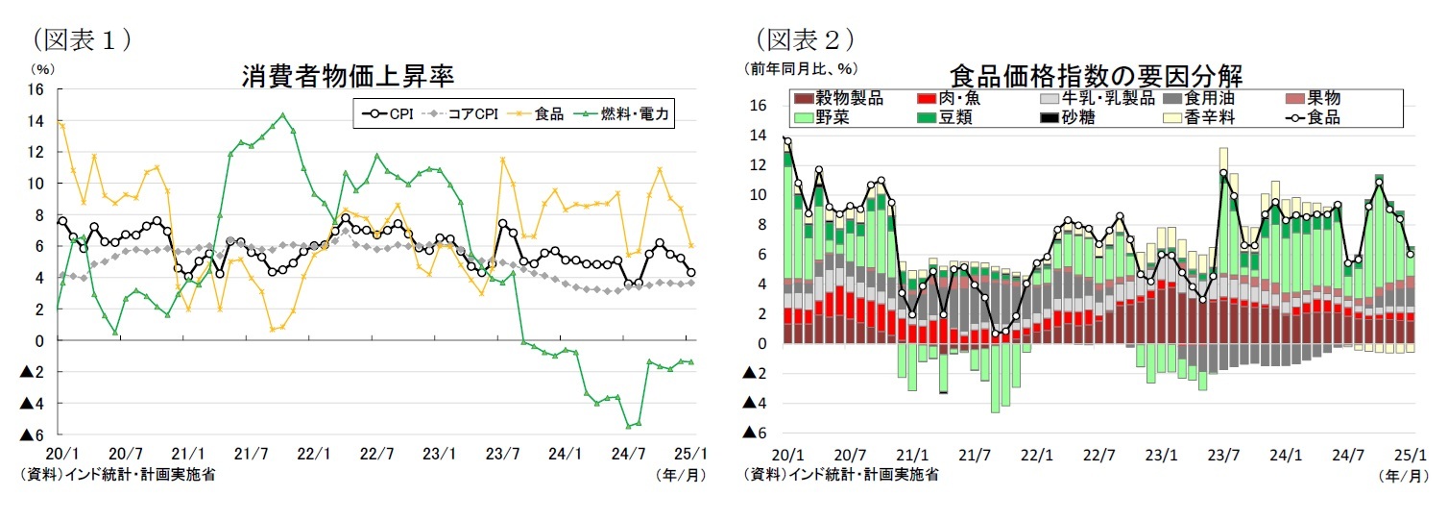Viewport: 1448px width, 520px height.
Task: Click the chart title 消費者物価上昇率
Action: tap(347, 76)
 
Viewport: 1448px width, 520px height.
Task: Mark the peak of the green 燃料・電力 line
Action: tap(281, 115)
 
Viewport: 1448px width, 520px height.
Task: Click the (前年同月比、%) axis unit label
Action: tap(799, 68)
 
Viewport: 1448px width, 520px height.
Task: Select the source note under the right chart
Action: tap(840, 474)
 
